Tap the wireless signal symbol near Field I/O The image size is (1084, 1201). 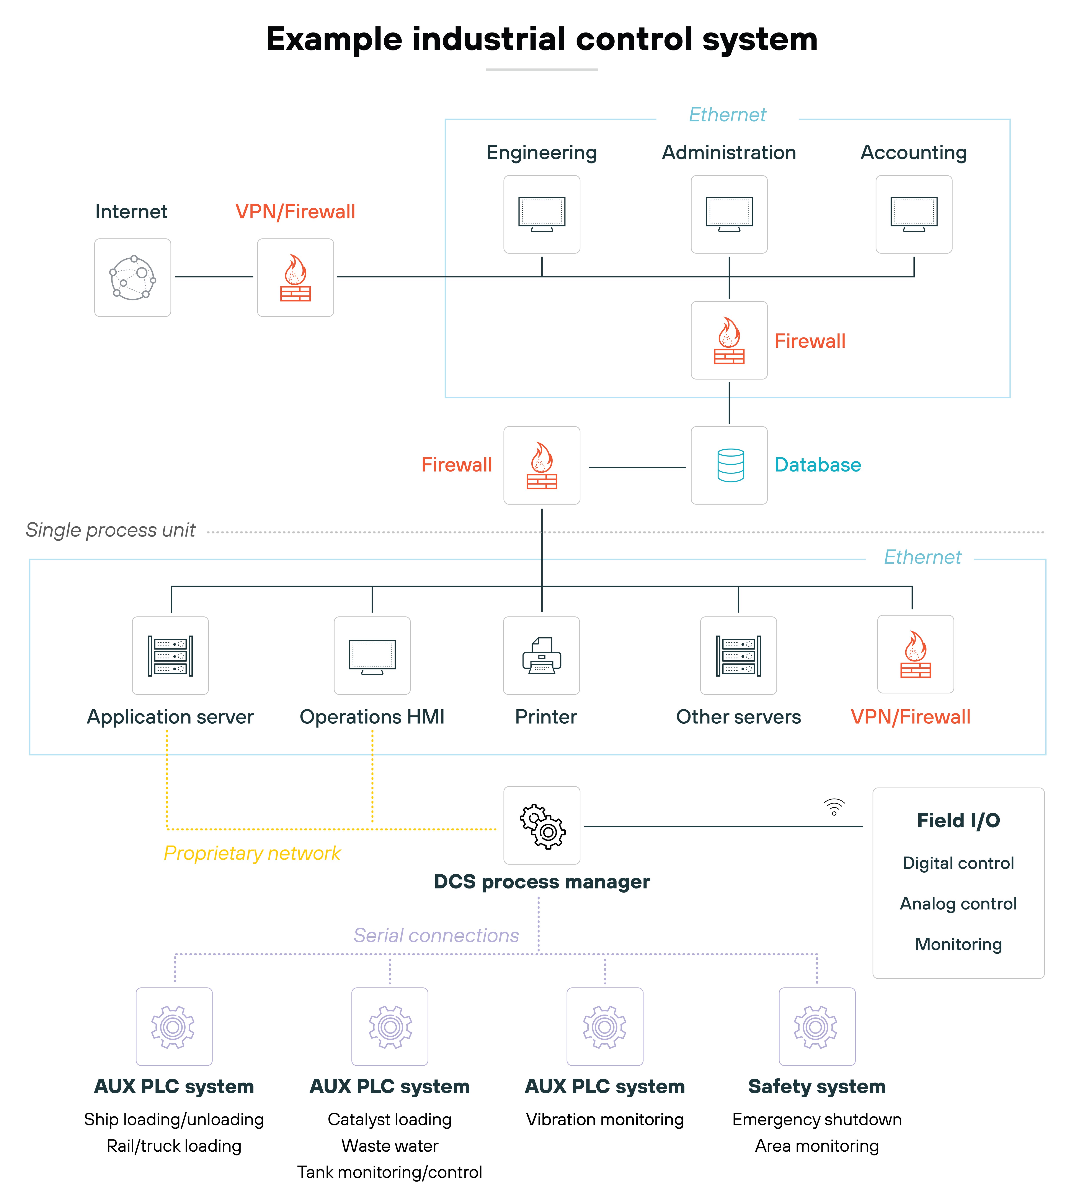[834, 807]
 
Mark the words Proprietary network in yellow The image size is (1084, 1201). [252, 853]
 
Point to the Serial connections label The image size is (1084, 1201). [436, 935]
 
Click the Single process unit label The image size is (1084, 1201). [111, 530]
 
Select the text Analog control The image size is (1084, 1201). [958, 903]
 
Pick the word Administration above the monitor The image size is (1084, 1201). [729, 152]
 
